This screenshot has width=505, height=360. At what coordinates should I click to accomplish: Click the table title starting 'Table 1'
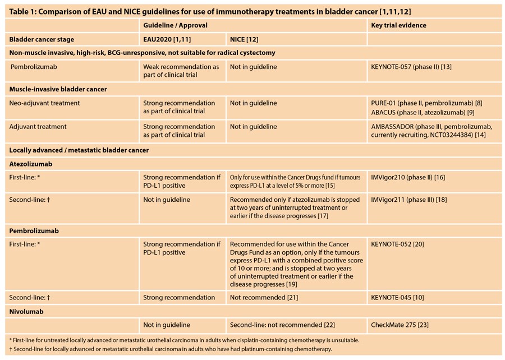[210, 12]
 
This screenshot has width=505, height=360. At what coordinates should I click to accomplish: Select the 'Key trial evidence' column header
[398, 25]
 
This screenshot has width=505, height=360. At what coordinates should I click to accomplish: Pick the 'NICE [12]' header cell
[244, 40]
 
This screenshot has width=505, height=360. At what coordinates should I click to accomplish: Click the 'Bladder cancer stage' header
[42, 40]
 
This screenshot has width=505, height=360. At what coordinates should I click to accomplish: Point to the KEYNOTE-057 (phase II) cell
[411, 67]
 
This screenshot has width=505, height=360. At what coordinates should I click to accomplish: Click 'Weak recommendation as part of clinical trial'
[181, 71]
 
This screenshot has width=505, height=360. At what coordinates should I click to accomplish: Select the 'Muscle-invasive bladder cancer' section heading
[58, 89]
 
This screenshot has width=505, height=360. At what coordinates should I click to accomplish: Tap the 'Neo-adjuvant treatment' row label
[44, 103]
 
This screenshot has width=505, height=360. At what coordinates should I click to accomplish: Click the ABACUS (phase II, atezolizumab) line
[423, 113]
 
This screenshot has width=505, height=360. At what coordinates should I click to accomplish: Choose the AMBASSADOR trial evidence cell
[431, 131]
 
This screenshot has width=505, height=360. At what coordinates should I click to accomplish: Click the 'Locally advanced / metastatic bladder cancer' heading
[79, 150]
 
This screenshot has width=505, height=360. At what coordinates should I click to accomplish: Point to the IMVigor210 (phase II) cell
[408, 177]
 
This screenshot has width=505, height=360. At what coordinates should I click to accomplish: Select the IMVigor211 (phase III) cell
[409, 200]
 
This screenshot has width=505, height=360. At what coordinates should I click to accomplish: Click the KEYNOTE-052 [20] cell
[397, 244]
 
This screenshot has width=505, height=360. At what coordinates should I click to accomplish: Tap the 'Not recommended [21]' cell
[264, 298]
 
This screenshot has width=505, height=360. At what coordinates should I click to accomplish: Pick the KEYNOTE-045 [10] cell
[397, 298]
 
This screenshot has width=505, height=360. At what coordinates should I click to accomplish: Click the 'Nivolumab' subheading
[26, 312]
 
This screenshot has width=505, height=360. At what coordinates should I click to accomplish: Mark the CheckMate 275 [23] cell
[400, 325]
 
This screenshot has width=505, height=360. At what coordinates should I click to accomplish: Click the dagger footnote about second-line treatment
[171, 349]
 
